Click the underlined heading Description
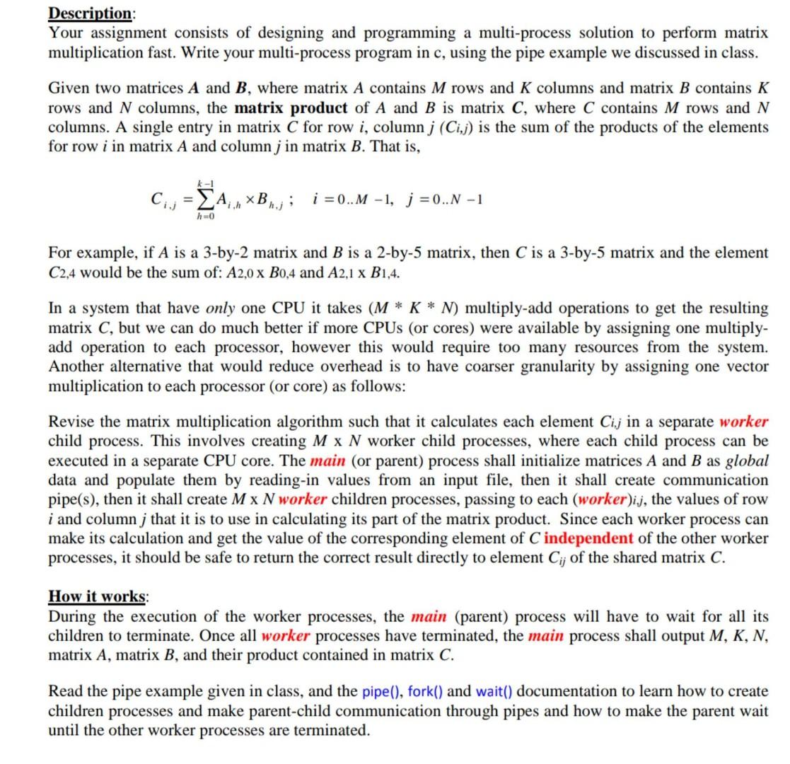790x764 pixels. (x=90, y=13)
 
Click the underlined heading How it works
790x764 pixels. (x=95, y=596)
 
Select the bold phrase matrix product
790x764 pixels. (x=291, y=108)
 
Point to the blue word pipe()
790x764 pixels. (x=383, y=691)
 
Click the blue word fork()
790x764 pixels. (x=426, y=691)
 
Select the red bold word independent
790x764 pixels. (x=588, y=538)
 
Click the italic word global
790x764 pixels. (x=748, y=461)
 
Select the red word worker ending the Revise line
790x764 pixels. (x=744, y=422)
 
